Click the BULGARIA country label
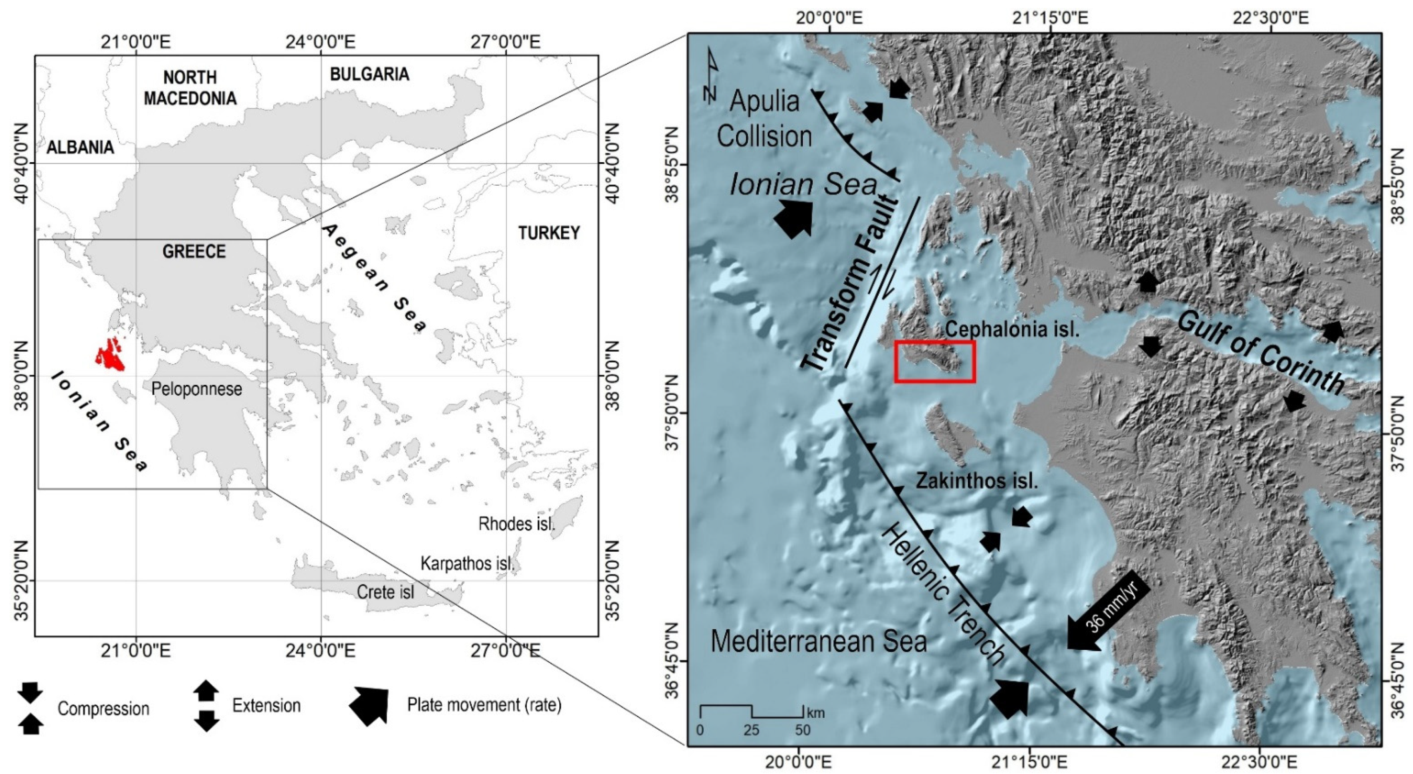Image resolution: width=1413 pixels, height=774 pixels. coord(369,74)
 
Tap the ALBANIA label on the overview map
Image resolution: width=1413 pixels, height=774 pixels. coord(80,147)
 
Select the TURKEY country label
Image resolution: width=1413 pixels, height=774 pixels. coord(548,233)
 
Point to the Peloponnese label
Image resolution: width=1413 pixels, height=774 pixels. coord(196,389)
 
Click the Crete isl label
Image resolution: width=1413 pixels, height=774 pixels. coord(385,592)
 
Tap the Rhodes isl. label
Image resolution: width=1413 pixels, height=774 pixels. coord(516,523)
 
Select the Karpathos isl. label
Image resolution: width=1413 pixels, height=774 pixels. coord(467,563)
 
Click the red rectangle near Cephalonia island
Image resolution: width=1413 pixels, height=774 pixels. coord(934,361)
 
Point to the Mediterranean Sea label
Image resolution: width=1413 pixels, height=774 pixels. coord(819,641)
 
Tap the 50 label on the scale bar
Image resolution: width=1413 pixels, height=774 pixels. coord(802,730)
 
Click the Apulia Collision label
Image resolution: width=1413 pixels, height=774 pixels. coord(764,119)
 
